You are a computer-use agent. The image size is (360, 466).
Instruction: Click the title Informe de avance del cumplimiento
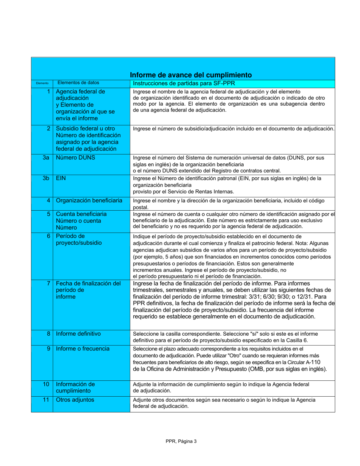pyautogui.click(x=191, y=75)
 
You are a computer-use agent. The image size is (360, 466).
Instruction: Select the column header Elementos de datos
pyautogui.click(x=78, y=83)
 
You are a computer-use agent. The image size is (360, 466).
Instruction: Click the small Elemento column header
pyautogui.click(x=42, y=83)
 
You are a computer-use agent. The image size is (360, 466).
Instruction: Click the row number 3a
pyautogui.click(x=46, y=158)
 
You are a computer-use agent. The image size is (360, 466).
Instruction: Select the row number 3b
pyautogui.click(x=46, y=178)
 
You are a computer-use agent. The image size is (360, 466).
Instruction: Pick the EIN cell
pyautogui.click(x=61, y=178)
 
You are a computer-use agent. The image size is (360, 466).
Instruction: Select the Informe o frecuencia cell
pyautogui.click(x=83, y=349)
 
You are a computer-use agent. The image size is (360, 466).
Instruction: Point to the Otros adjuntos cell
pyautogui.click(x=75, y=399)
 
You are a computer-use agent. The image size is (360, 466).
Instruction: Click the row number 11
pyautogui.click(x=46, y=399)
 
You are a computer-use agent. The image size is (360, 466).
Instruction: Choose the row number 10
pyautogui.click(x=46, y=384)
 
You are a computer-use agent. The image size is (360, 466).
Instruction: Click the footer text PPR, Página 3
pyautogui.click(x=181, y=441)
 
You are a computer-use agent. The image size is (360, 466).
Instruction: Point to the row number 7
pyautogui.click(x=48, y=283)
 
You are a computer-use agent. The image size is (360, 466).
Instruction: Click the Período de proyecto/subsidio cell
pyautogui.click(x=79, y=239)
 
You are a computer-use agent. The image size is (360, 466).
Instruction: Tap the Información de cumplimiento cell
pyautogui.click(x=75, y=387)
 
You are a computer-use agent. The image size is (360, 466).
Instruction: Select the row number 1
pyautogui.click(x=48, y=91)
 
